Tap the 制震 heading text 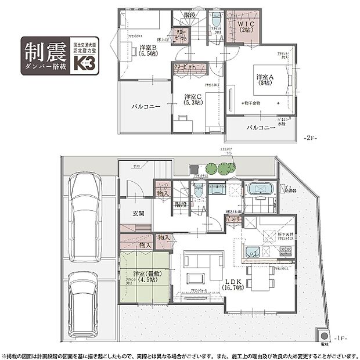click(x=45, y=52)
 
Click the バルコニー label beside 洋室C click(x=143, y=107)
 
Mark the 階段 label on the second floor click(x=189, y=15)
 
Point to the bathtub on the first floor click(x=259, y=189)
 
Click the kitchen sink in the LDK click(x=253, y=251)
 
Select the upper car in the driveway click(x=84, y=216)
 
